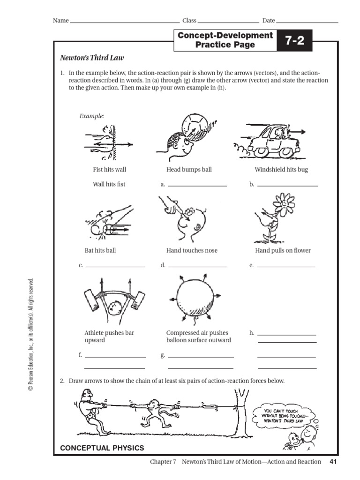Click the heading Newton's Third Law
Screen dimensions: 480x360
click(92, 58)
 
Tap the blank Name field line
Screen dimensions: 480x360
click(124, 22)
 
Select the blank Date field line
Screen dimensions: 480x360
click(307, 22)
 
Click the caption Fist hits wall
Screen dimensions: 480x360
click(109, 169)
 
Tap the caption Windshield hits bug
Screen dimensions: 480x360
click(281, 169)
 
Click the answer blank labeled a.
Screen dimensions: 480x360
click(197, 186)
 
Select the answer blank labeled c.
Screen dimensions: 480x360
click(115, 266)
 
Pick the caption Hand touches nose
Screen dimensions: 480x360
click(192, 250)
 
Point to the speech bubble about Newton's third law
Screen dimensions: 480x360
click(281, 415)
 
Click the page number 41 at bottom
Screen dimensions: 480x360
click(333, 462)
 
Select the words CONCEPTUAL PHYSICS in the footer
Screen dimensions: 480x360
click(102, 448)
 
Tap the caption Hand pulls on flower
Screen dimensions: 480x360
click(283, 250)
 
